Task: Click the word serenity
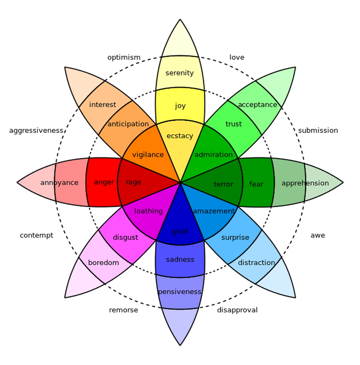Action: tap(180, 73)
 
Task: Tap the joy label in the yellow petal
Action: tap(180, 106)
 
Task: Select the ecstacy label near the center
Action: tap(180, 136)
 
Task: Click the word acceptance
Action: tap(257, 105)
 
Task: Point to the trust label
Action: tap(234, 124)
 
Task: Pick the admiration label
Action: tap(213, 155)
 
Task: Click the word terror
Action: tap(223, 184)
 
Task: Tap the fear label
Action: tap(256, 184)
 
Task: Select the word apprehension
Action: tap(305, 183)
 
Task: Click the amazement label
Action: tap(214, 211)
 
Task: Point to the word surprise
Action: tap(235, 237)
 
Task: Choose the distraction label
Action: tap(256, 263)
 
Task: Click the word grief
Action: tap(180, 231)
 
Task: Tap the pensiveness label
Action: tap(180, 292)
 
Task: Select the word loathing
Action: tap(148, 211)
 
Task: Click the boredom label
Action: tap(103, 263)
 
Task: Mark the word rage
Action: tap(133, 182)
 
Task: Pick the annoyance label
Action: tap(59, 183)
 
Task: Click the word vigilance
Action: tap(148, 155)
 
